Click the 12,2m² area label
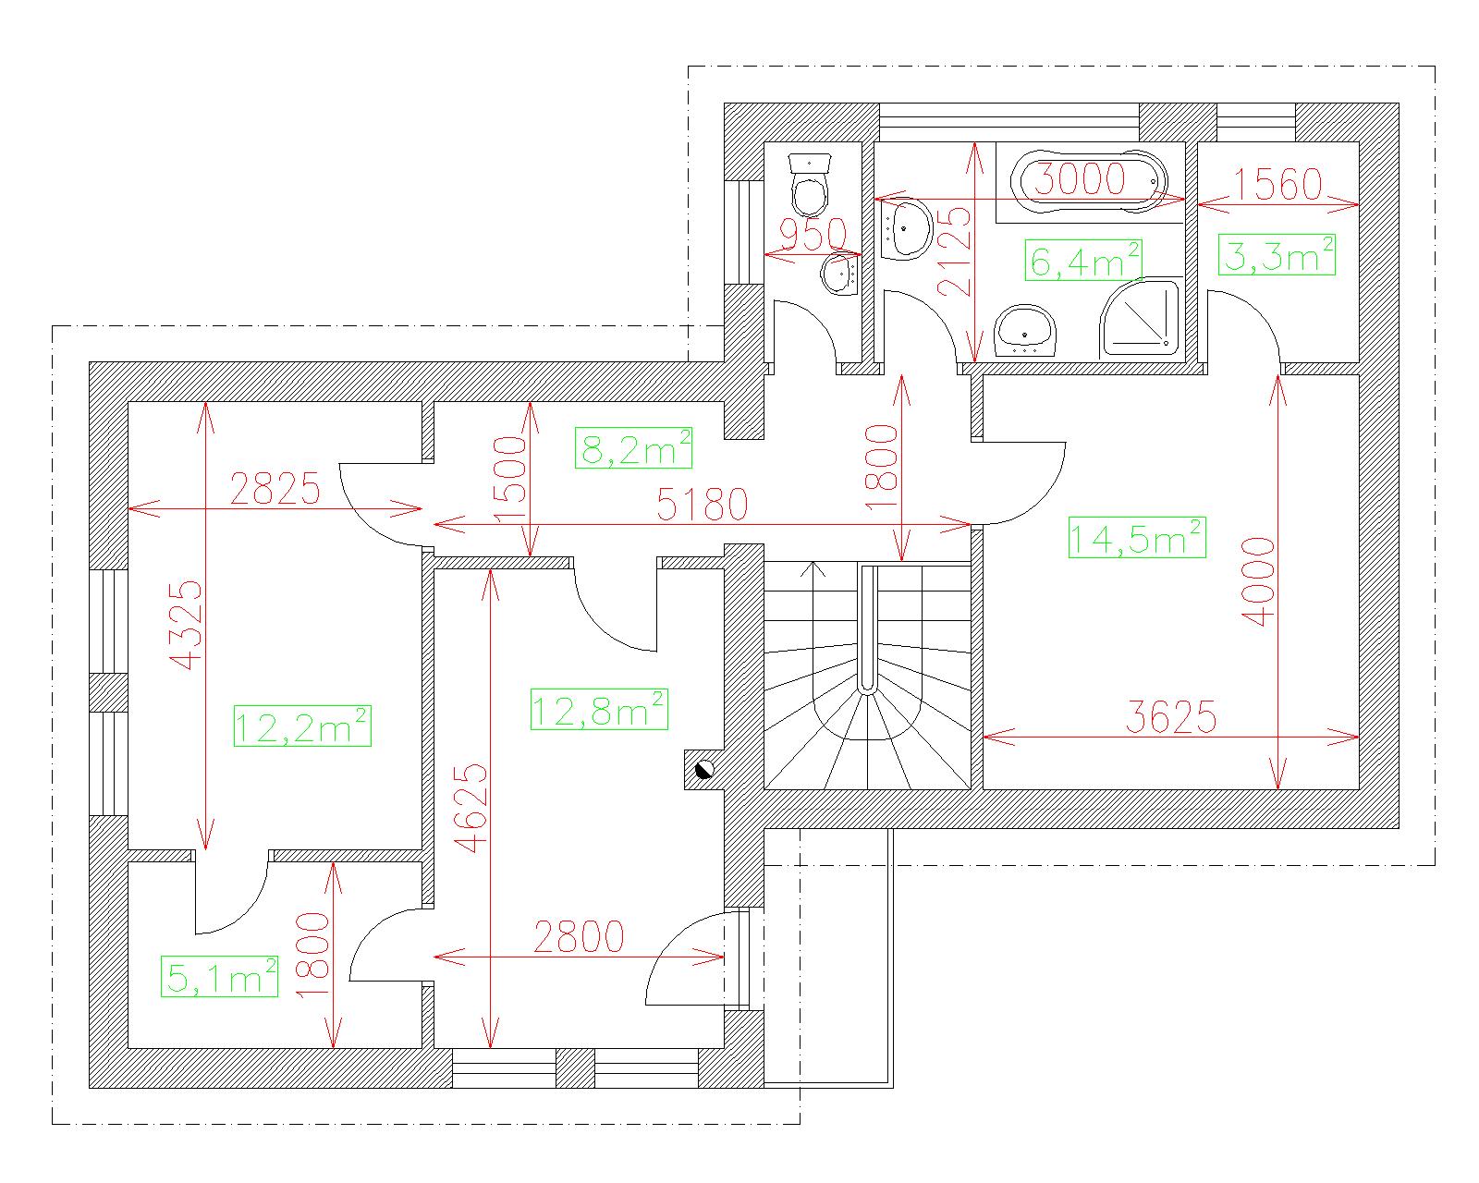(302, 726)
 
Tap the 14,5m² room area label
(1137, 538)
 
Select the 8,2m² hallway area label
(634, 448)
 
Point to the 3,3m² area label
(1277, 255)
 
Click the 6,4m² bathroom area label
(1083, 260)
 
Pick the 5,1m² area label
(220, 976)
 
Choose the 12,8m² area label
(599, 710)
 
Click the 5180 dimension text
(703, 505)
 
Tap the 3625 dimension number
(1171, 717)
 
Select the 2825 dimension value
(275, 489)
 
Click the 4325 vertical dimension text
(187, 626)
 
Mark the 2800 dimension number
(579, 936)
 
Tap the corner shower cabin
(1140, 318)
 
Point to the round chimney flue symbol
(704, 770)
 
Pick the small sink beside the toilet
(840, 274)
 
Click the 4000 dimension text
(1258, 581)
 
